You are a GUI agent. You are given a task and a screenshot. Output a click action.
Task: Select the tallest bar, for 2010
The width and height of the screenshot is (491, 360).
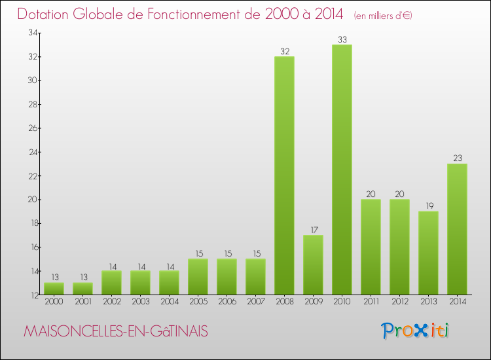pos(342,170)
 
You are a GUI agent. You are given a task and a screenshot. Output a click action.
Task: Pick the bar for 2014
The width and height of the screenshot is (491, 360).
pos(457,229)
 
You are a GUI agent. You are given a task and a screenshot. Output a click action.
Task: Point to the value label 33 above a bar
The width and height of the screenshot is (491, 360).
pos(342,40)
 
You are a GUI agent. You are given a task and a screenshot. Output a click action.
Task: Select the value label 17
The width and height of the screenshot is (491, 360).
pos(313,230)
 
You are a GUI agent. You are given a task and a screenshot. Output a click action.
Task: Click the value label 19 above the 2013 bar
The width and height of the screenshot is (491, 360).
pos(428,206)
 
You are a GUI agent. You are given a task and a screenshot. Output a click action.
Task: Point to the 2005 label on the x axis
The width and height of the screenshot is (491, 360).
pos(198,302)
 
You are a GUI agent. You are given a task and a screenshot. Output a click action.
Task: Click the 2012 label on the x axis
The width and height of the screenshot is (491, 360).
pos(399,302)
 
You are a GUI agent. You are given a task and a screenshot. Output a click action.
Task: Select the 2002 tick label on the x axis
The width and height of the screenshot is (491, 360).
pos(111,302)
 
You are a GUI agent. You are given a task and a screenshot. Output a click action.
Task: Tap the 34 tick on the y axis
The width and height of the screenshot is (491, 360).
pos(31,33)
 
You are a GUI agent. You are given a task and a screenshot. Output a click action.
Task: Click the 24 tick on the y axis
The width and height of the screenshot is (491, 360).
pos(31,152)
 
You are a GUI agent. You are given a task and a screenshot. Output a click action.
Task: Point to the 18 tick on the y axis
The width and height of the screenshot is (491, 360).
pos(31,223)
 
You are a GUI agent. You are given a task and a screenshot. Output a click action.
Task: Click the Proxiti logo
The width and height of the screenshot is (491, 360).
pos(416,331)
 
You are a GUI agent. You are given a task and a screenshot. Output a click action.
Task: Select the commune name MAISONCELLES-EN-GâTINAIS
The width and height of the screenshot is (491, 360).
pos(116,332)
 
